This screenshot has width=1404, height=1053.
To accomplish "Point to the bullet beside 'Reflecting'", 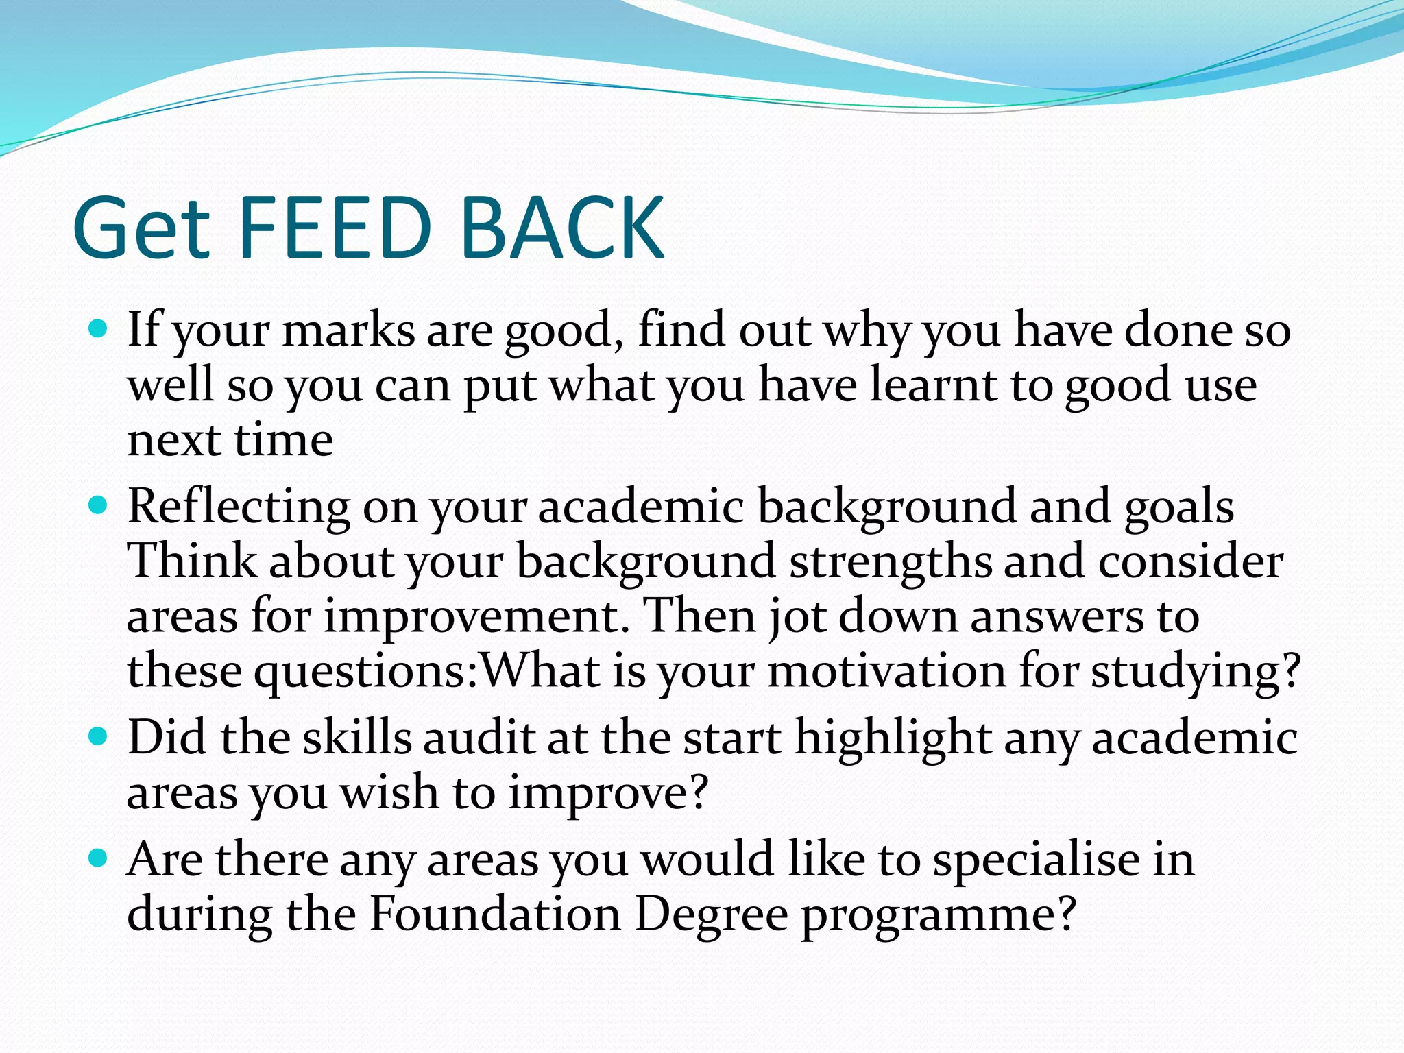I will [99, 507].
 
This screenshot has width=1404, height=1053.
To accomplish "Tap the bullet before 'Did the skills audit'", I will [99, 737].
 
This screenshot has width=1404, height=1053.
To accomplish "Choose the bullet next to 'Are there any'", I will [99, 858].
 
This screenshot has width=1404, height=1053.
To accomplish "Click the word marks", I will [348, 330].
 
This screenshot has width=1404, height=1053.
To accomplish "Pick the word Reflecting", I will [239, 509].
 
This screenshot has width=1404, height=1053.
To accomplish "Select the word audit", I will [479, 738].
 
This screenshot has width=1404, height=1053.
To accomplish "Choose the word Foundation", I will [495, 915].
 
